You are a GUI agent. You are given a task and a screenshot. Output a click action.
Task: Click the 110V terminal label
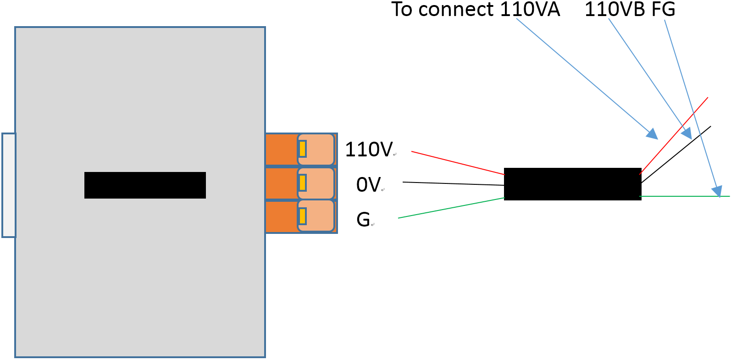coord(369,150)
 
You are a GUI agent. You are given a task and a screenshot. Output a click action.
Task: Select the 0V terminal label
coord(368,185)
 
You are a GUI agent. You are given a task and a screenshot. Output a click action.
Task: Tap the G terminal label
coord(363,220)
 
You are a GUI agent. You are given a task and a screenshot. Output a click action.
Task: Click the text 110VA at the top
coord(530,9)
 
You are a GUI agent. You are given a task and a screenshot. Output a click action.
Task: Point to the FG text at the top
coord(664,9)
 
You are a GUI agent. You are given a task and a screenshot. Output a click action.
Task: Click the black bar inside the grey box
coord(145,185)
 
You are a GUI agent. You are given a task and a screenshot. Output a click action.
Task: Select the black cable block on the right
coord(572,184)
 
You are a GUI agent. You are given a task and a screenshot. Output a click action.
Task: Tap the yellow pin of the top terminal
coord(302,149)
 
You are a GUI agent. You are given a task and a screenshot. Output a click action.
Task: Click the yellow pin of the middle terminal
coord(302,183)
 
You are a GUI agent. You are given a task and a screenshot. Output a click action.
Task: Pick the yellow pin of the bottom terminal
coord(302,216)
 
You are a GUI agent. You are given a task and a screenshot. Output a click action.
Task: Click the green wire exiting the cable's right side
coord(679,196)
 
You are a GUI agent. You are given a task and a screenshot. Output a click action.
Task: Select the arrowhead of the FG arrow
coord(717,191)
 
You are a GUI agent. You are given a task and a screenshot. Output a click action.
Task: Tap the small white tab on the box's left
coord(9,185)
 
